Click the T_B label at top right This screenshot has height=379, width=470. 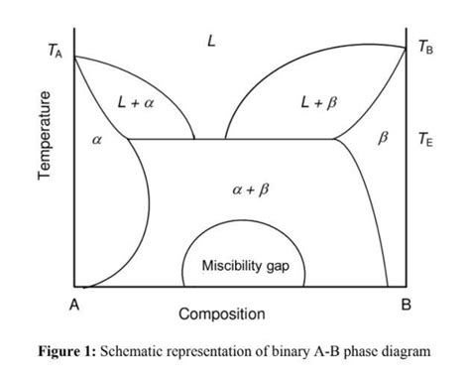click(x=424, y=47)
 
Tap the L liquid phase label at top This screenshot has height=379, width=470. click(x=211, y=41)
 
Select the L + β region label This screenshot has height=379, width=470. click(x=315, y=102)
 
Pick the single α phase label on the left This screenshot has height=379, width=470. click(x=96, y=142)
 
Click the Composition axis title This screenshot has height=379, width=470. click(x=222, y=315)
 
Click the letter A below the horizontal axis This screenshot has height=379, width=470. click(x=73, y=305)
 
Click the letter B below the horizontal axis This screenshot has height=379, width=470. click(x=405, y=305)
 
